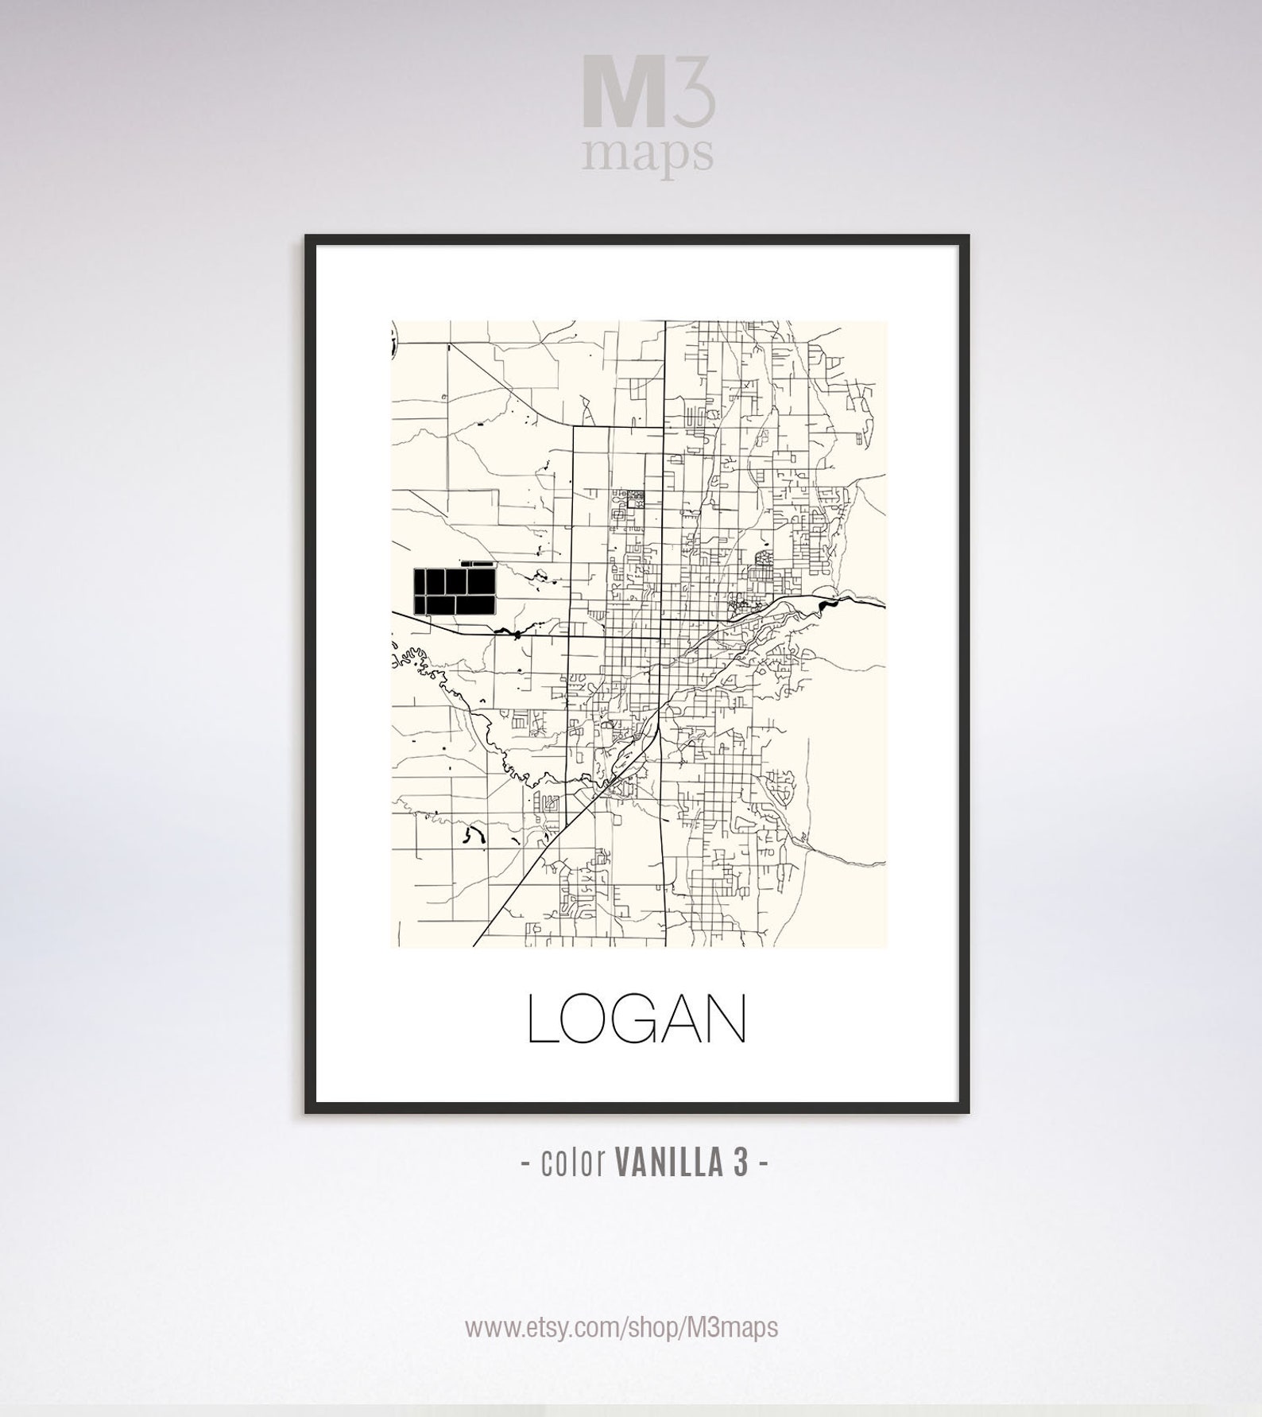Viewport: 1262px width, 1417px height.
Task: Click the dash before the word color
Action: tap(525, 1164)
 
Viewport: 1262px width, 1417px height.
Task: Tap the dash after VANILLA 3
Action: tap(763, 1164)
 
